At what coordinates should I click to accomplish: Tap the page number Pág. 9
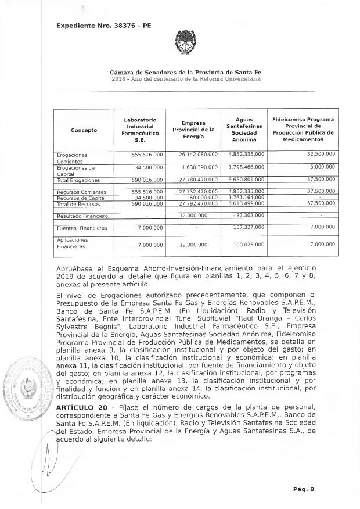tap(304, 489)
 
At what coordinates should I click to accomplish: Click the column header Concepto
tap(84, 130)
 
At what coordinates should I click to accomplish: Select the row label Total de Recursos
tap(78, 203)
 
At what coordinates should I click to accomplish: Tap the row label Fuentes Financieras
tap(82, 228)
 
